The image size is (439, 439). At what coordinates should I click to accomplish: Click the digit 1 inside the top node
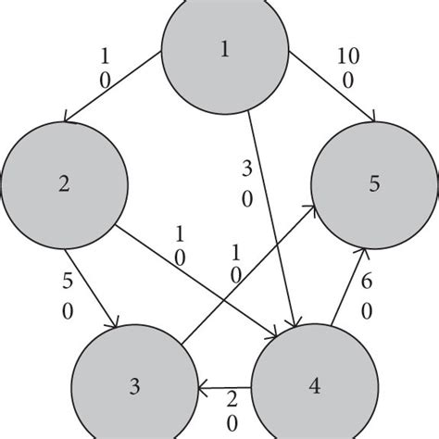click(x=223, y=51)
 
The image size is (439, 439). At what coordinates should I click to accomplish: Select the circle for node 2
click(x=62, y=182)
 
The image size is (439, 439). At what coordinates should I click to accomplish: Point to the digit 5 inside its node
click(x=373, y=182)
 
